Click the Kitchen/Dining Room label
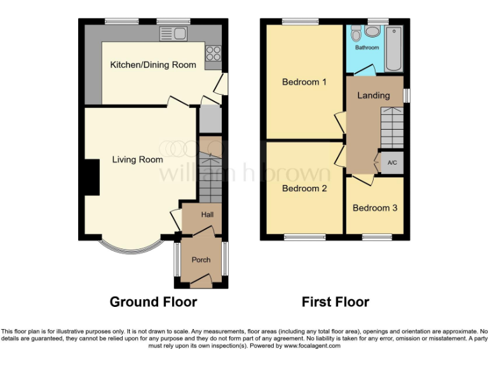click(153, 65)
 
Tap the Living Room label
click(137, 159)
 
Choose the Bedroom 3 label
click(375, 208)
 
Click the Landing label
click(374, 96)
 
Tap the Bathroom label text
click(367, 48)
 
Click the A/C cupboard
click(391, 163)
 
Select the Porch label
click(201, 259)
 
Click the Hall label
click(207, 215)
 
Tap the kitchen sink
click(175, 33)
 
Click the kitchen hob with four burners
click(212, 53)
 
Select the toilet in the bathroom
click(356, 32)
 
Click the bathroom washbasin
click(373, 32)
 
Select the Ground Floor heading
click(153, 302)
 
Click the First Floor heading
click(335, 302)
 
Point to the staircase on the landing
click(391, 127)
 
